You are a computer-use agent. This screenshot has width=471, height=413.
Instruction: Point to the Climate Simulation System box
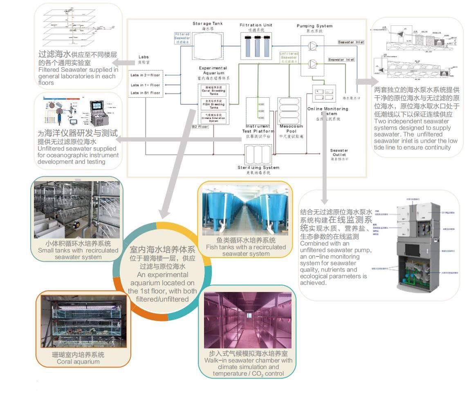[213, 117]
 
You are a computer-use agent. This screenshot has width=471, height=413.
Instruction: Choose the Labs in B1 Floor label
[146, 93]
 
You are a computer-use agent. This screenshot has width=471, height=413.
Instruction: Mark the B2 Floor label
[200, 127]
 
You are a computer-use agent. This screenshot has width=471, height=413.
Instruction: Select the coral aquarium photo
[83, 321]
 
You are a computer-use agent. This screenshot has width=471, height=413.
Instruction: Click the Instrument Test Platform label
[256, 128]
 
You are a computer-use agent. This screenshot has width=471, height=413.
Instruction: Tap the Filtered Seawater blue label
[182, 38]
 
